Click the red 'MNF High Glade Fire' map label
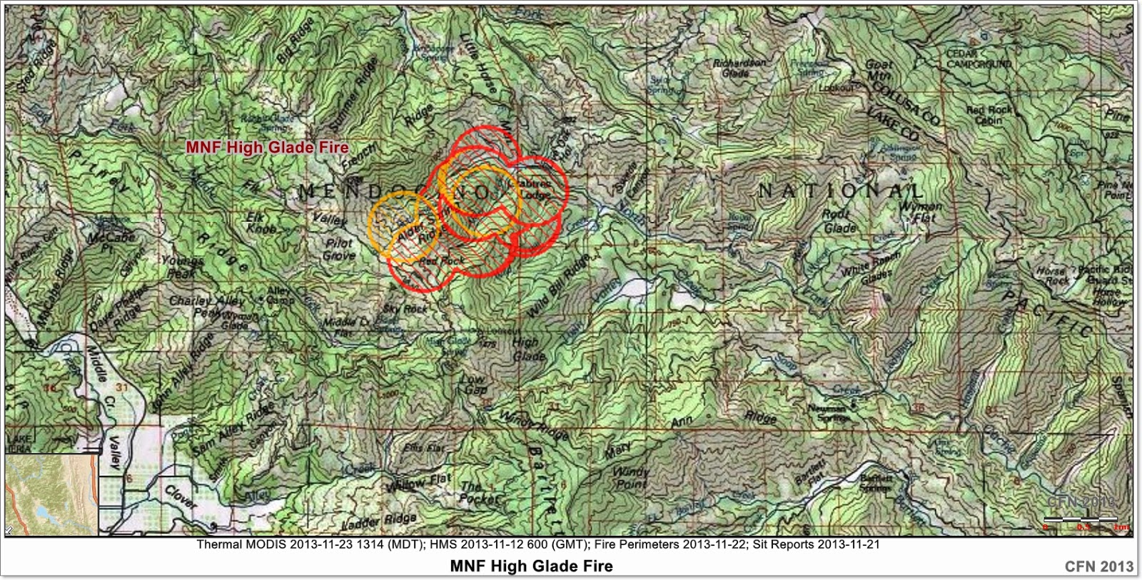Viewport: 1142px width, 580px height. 267,148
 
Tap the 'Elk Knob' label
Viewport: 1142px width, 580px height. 261,223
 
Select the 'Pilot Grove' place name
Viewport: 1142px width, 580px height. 339,249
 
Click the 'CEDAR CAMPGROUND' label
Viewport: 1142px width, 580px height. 979,59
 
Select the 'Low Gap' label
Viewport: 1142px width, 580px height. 475,385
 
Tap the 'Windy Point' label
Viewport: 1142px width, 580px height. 631,478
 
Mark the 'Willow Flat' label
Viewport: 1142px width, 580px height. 420,482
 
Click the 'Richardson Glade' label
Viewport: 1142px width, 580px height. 739,68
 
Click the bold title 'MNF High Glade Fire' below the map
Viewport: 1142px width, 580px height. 531,566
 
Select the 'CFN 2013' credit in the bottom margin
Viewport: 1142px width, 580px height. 1098,566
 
